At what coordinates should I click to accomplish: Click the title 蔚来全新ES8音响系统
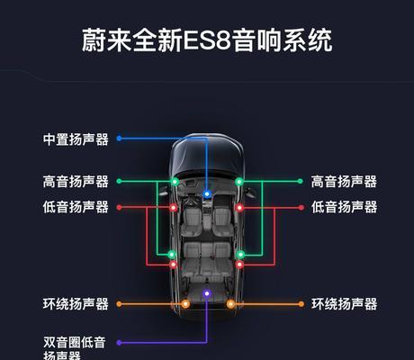(x=207, y=40)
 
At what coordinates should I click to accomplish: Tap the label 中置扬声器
(x=76, y=139)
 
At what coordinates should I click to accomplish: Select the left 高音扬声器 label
(x=76, y=182)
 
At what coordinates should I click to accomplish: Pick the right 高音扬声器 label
(x=344, y=182)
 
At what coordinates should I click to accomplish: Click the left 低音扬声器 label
(x=76, y=207)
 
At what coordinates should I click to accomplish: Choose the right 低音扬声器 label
(x=344, y=207)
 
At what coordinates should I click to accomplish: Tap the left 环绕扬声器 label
(x=76, y=304)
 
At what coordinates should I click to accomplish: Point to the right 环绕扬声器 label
(x=344, y=304)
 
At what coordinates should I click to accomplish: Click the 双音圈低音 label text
(x=75, y=342)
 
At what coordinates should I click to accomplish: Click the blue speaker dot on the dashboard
(x=207, y=194)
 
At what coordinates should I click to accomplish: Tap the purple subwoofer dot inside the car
(x=207, y=293)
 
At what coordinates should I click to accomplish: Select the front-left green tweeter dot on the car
(x=175, y=182)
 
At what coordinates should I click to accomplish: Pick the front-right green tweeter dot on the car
(x=239, y=182)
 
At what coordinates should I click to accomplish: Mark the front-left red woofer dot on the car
(x=173, y=207)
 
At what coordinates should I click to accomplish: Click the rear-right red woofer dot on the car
(x=239, y=265)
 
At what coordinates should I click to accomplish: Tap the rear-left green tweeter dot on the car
(x=171, y=255)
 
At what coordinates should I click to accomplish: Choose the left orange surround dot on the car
(x=185, y=304)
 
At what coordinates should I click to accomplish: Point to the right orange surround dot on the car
(x=230, y=304)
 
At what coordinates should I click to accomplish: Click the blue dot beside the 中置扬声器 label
(x=119, y=139)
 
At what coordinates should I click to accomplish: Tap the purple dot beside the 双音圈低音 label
(x=119, y=343)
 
